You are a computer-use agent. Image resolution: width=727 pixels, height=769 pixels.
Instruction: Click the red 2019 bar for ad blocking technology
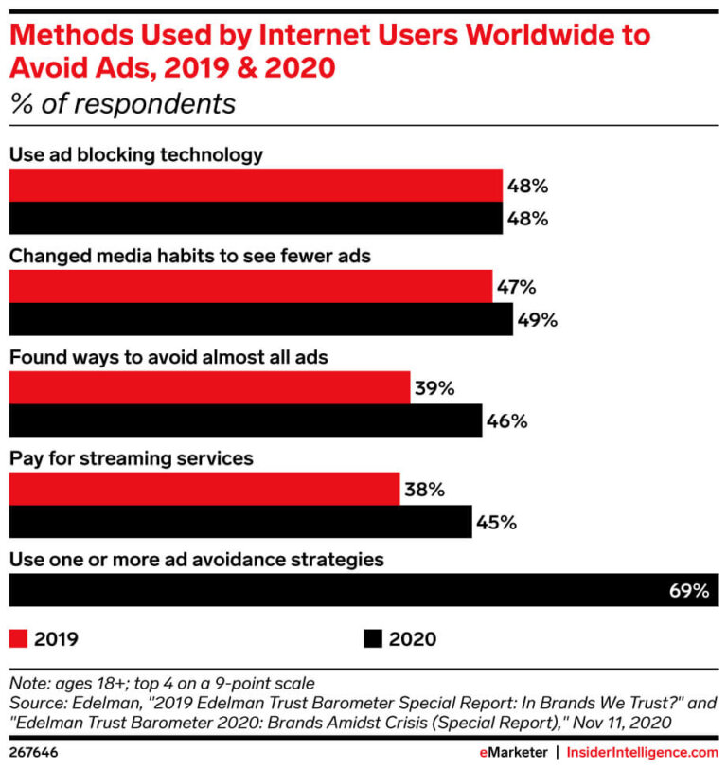(x=256, y=185)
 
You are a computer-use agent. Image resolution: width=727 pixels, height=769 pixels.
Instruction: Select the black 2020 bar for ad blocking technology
(x=256, y=218)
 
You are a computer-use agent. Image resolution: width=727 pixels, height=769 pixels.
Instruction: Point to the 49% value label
(x=537, y=319)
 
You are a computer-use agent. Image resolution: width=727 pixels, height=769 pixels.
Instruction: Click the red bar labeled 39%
(x=209, y=387)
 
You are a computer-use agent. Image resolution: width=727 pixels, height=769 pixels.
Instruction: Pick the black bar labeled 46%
(x=245, y=420)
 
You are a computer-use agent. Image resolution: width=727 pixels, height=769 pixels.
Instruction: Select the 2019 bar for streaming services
(x=204, y=490)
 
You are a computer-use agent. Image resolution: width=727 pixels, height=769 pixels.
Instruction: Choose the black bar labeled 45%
(x=239, y=522)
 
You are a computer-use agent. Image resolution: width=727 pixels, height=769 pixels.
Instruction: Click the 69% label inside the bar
(x=688, y=590)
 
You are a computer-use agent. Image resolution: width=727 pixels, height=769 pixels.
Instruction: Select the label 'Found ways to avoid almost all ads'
(x=168, y=357)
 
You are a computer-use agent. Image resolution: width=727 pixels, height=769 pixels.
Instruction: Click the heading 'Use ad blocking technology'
(x=135, y=154)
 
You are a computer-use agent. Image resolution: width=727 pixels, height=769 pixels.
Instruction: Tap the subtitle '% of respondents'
(x=122, y=103)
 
